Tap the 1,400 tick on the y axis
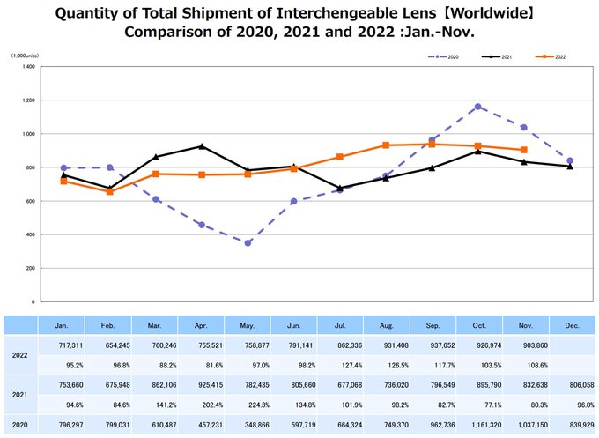coord(28,67)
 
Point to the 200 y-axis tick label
coord(31,268)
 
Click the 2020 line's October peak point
coord(477,107)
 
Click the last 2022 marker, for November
coord(524,150)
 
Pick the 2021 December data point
coord(570,167)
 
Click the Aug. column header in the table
coord(386,325)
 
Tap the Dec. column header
coord(570,325)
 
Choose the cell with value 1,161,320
coord(477,426)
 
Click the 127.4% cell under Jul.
coord(339,365)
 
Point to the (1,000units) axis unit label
coord(25,56)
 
